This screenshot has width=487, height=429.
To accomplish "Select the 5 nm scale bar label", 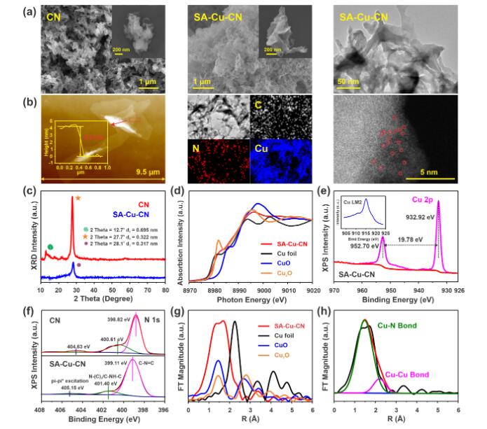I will (436, 169).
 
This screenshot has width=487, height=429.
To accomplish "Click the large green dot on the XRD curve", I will (50, 247).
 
